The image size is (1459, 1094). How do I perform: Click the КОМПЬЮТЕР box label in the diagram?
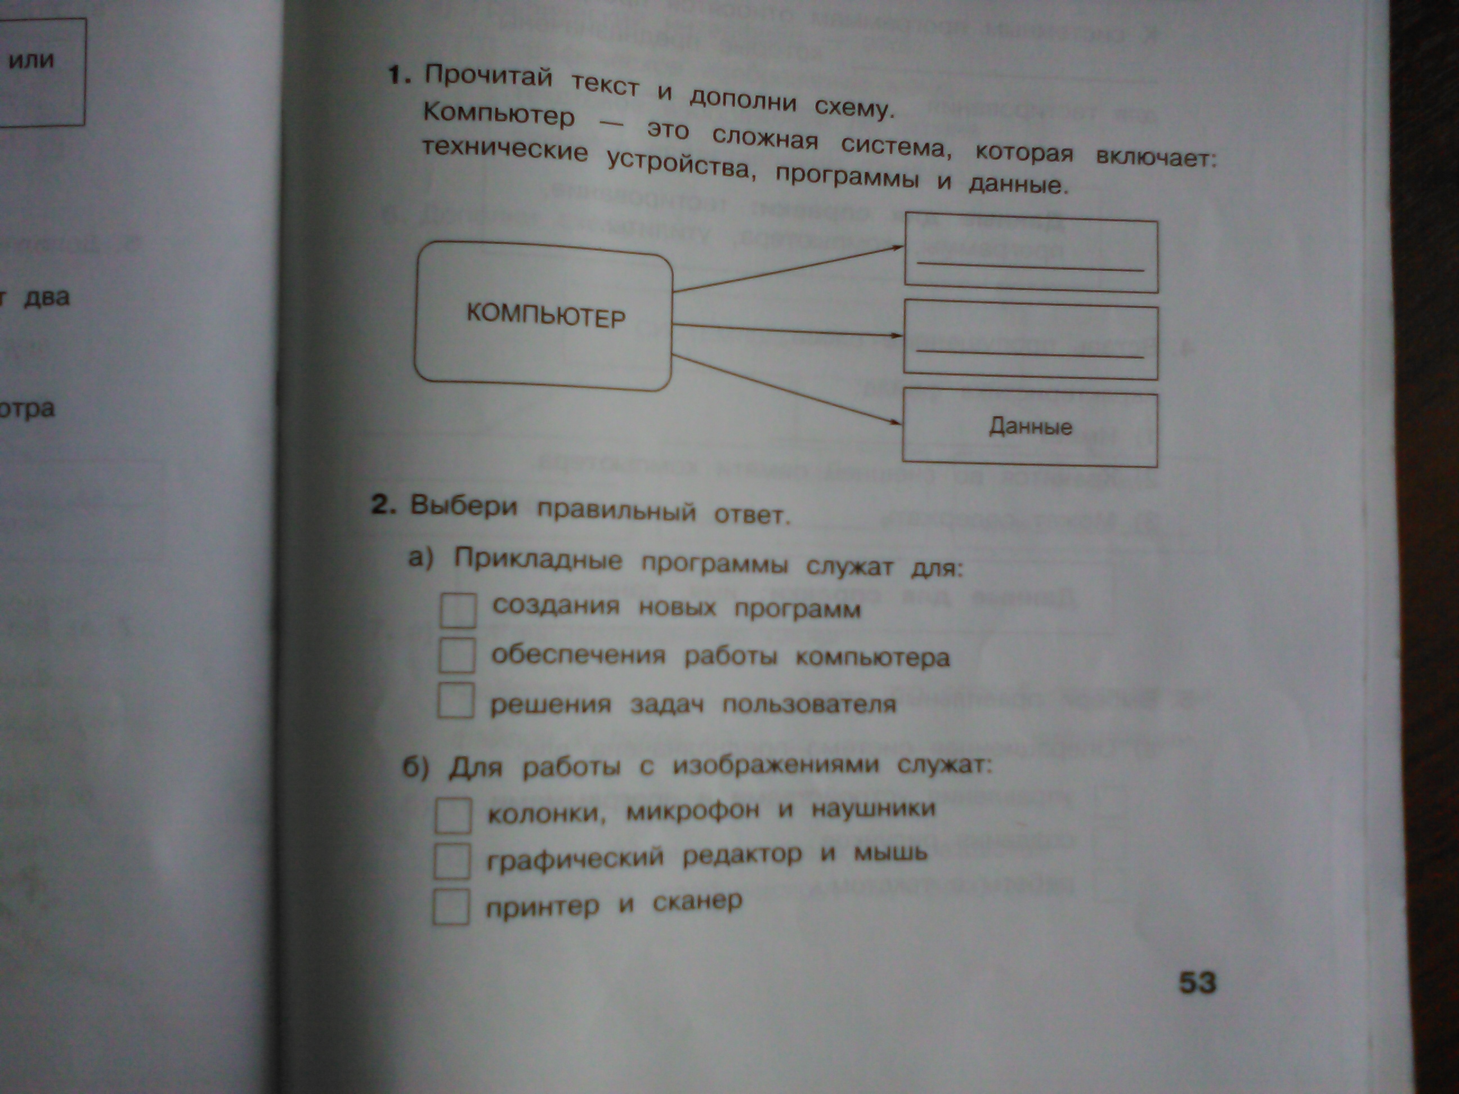pos(545,316)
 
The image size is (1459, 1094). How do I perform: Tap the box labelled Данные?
pos(1030,427)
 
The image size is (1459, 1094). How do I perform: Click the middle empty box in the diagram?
pos(1030,342)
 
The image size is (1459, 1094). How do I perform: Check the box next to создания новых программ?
pos(458,610)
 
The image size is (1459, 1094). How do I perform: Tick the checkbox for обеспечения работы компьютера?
pos(457,656)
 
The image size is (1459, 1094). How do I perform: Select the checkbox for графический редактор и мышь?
pos(453,860)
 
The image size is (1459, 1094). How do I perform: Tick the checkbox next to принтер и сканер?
pos(452,907)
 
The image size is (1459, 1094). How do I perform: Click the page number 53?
pos(1197,983)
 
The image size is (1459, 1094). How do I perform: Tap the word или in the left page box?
pos(30,61)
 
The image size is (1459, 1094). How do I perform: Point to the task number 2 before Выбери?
pos(383,504)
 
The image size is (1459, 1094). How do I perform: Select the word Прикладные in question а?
pos(538,561)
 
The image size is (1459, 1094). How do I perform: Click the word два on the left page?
pos(46,297)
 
